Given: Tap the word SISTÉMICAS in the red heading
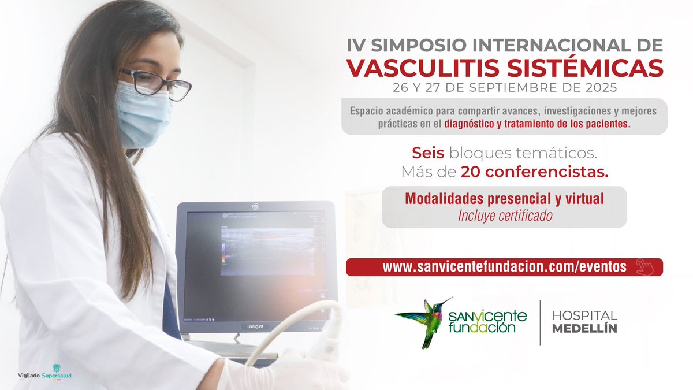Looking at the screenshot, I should tap(579, 67).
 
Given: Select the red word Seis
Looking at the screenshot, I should tap(428, 153).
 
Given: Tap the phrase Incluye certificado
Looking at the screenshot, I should tap(505, 216).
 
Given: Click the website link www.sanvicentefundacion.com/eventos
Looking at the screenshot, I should tap(504, 267).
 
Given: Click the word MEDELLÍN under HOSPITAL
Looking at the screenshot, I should tap(584, 329).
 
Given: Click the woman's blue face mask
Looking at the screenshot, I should tap(142, 113).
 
